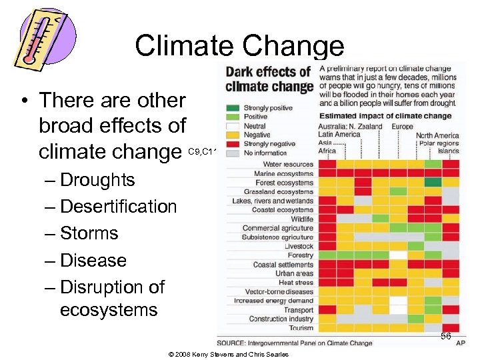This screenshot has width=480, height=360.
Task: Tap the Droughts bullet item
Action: [97, 180]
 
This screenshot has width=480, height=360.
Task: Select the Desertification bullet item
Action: [118, 207]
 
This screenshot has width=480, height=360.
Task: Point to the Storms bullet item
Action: [89, 233]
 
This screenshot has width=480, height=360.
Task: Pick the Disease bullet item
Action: [93, 260]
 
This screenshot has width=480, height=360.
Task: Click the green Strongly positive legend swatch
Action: [233, 107]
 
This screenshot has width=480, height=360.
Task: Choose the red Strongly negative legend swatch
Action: [233, 143]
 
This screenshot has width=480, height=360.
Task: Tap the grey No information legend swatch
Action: [233, 152]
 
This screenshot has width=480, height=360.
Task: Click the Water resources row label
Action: [288, 164]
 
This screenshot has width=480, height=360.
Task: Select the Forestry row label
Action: [300, 255]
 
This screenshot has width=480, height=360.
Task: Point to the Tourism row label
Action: [300, 327]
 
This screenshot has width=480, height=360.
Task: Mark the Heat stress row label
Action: [295, 282]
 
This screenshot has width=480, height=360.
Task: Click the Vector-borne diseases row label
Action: [279, 291]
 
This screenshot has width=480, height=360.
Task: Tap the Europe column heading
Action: [402, 126]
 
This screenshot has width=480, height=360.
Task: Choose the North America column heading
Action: [437, 135]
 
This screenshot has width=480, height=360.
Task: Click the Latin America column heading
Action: [339, 134]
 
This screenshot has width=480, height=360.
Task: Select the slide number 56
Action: [445, 337]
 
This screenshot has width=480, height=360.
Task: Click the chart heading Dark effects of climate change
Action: [269, 79]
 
